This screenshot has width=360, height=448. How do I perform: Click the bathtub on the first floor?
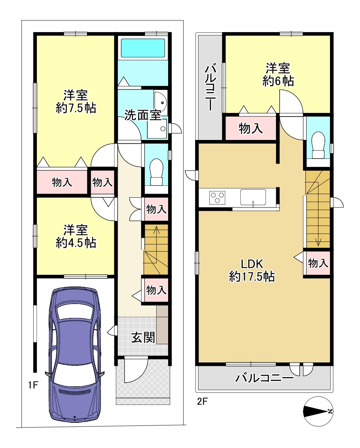click(x=143, y=48)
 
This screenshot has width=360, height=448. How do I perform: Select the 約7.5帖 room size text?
click(x=76, y=108)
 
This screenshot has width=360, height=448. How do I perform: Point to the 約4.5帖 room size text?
click(x=76, y=243)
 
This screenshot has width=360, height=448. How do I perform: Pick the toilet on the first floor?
click(x=156, y=172)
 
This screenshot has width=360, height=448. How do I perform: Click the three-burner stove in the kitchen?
click(x=217, y=197)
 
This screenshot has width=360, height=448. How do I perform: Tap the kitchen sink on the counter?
click(x=253, y=197)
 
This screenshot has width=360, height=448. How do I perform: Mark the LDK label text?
click(x=252, y=264)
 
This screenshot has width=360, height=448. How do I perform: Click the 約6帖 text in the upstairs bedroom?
click(x=278, y=81)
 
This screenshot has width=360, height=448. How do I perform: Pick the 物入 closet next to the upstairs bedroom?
click(x=251, y=128)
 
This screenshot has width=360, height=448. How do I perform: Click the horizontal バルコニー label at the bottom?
click(x=265, y=377)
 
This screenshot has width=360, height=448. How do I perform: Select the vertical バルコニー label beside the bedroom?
click(x=211, y=88)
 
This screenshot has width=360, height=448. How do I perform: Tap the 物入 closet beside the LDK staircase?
click(x=318, y=263)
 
